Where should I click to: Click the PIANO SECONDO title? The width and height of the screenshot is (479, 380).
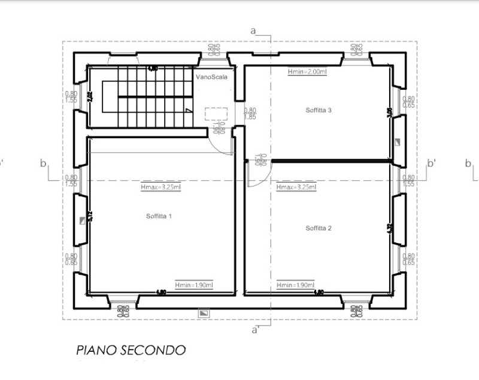pos(131,350)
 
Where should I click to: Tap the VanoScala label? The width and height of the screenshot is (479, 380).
pos(211,77)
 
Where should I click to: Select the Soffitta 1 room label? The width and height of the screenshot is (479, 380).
pos(159,216)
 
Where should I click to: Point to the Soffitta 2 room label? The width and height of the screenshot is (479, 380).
pos(319,228)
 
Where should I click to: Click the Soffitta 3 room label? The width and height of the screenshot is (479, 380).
pos(318,110)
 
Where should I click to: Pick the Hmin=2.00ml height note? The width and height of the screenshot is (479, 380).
pos(307,72)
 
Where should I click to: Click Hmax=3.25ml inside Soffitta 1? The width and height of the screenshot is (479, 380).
pos(160,187)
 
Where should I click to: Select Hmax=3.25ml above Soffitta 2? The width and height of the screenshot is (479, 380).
pos(296,187)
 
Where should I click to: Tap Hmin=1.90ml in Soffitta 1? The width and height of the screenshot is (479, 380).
pos(194,285)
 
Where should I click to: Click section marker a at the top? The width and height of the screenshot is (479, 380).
pos(253,30)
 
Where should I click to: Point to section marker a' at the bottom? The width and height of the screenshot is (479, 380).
pos(255,329)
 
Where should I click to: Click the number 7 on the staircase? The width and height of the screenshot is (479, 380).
pos(188,111)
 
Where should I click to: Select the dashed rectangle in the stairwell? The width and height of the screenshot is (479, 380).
pos(216,114)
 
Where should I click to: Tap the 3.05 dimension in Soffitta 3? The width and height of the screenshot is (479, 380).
pos(390,113)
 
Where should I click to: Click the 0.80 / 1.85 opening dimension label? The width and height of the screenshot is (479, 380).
pos(250,114)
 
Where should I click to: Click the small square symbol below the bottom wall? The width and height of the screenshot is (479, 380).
pos(205,312)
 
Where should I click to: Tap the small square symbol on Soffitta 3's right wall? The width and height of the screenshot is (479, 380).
pos(398,142)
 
